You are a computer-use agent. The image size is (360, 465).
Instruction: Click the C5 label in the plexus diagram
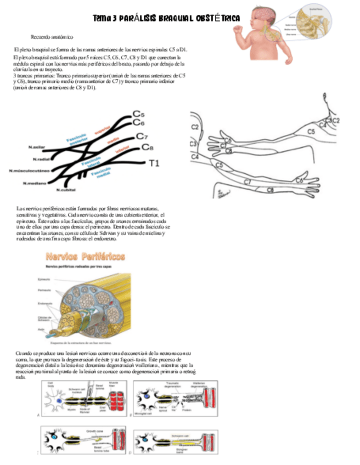tap(139, 115)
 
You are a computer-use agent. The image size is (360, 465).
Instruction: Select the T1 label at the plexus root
tap(154, 163)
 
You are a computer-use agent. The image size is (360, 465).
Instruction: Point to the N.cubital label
tap(65, 190)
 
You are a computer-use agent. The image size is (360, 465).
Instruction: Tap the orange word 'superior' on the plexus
tap(103, 131)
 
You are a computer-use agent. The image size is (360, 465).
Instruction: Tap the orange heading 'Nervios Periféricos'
tap(85, 256)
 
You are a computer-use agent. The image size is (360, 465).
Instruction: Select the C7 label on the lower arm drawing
tap(248, 182)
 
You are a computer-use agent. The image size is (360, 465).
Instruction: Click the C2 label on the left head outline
tap(195, 127)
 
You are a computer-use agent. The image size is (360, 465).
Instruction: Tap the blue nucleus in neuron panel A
tap(59, 401)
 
